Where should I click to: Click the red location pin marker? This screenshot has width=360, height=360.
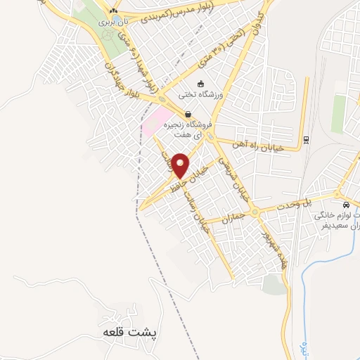pos(181,166)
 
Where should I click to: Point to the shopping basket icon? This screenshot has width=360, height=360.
pos(188,115)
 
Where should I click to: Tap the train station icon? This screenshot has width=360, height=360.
pos(307,138)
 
